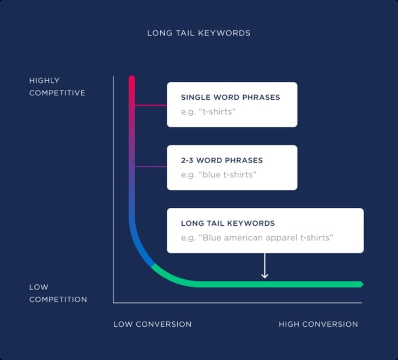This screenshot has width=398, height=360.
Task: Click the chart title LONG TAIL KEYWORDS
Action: pyautogui.click(x=199, y=33)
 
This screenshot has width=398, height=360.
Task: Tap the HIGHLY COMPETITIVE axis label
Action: pyautogui.click(x=57, y=87)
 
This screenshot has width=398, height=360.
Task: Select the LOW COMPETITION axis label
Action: pyautogui.click(x=58, y=293)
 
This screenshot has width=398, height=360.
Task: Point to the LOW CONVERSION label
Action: pyautogui.click(x=153, y=324)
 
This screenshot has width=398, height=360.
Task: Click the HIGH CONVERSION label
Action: pyautogui.click(x=318, y=324)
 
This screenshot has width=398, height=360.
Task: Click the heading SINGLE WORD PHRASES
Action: pyautogui.click(x=230, y=98)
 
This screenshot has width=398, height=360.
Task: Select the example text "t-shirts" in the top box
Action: pyautogui.click(x=208, y=112)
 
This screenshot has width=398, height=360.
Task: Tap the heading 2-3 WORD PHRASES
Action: pyautogui.click(x=222, y=160)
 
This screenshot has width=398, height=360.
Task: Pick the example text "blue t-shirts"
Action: pyautogui.click(x=219, y=175)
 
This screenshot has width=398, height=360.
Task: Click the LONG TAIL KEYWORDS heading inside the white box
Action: pyautogui.click(x=228, y=224)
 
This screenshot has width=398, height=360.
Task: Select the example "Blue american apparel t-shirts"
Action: pyautogui.click(x=257, y=238)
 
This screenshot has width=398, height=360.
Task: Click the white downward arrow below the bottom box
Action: pyautogui.click(x=264, y=267)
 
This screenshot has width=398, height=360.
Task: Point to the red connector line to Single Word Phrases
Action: pyautogui.click(x=150, y=105)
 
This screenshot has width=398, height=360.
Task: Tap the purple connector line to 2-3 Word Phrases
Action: pyautogui.click(x=150, y=167)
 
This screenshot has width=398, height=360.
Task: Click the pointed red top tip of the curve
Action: pyautogui.click(x=131, y=78)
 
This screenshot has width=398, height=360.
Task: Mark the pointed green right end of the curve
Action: pyautogui.click(x=360, y=284)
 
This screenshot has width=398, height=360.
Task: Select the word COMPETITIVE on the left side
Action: pyautogui.click(x=57, y=93)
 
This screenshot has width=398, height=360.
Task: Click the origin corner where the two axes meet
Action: pyautogui.click(x=113, y=302)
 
